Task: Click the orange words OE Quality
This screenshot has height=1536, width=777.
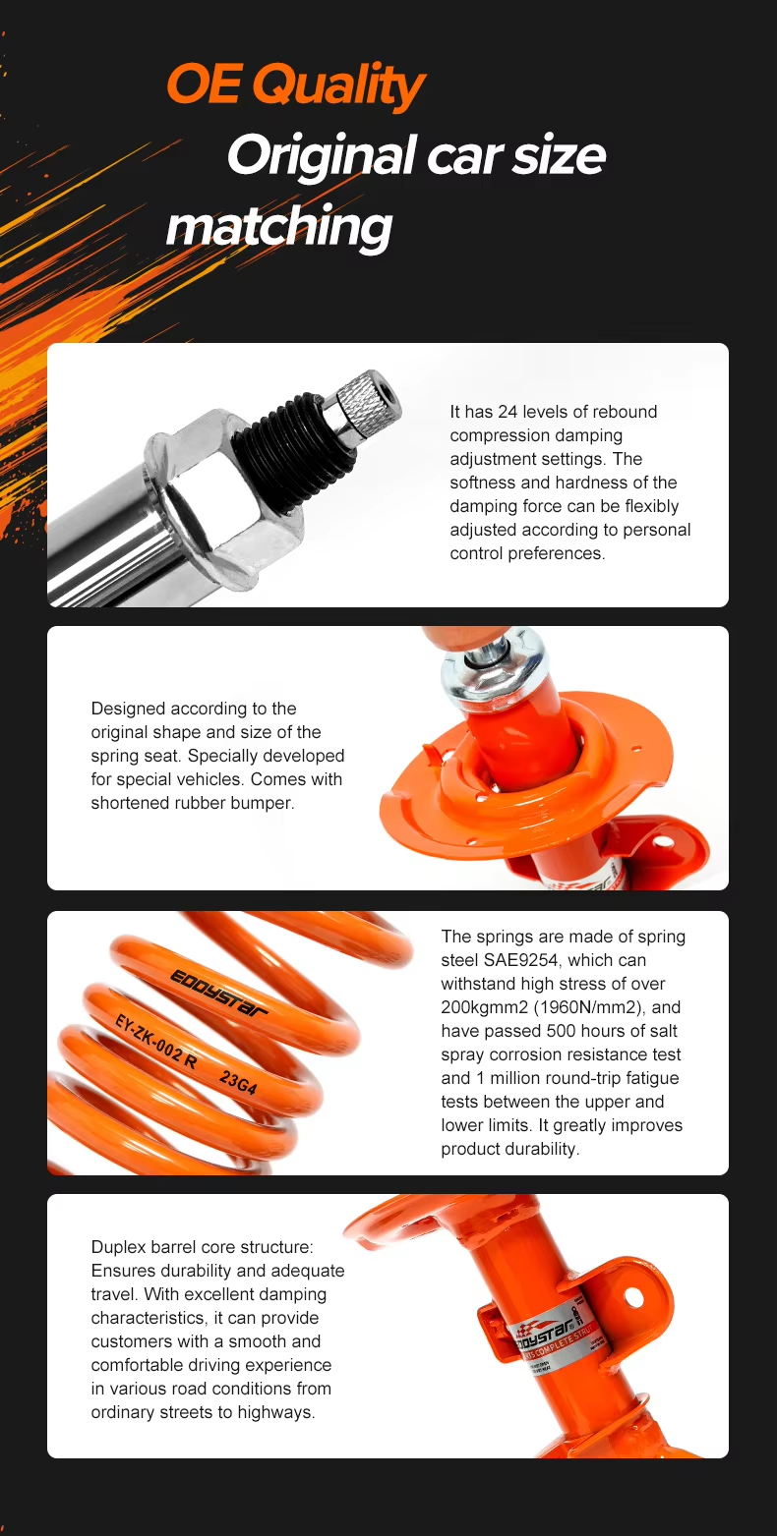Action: click(295, 85)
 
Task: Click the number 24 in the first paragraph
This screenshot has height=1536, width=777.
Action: click(508, 412)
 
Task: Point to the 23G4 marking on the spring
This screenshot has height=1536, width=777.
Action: click(238, 1083)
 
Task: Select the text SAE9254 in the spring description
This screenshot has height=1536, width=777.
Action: click(524, 960)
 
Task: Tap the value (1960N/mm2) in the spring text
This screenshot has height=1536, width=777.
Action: click(589, 1007)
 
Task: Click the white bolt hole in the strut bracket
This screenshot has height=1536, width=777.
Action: click(632, 1296)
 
